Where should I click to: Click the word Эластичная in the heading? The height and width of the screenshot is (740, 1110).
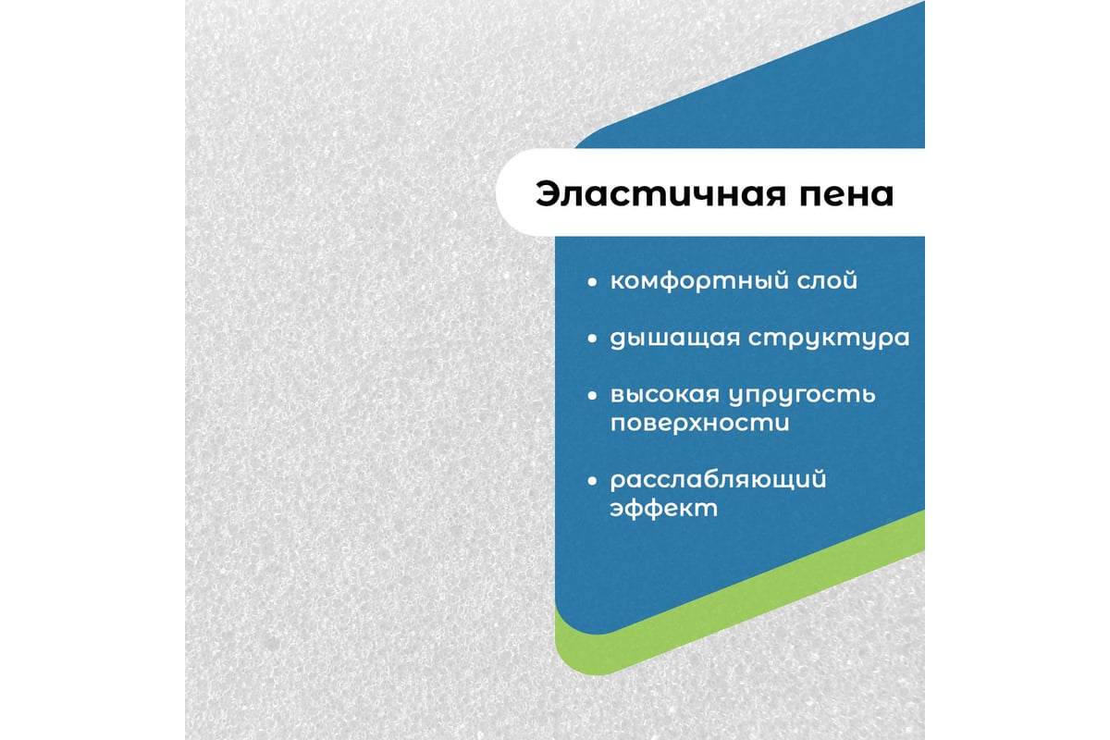pyautogui.click(x=660, y=193)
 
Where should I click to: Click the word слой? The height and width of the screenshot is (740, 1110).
pyautogui.click(x=827, y=281)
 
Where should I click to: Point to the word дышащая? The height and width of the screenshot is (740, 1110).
pyautogui.click(x=673, y=339)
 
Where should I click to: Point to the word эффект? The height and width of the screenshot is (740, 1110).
pyautogui.click(x=663, y=509)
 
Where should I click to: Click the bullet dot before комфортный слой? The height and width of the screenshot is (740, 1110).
pyautogui.click(x=592, y=282)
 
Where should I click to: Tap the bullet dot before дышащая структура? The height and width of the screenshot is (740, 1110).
pyautogui.click(x=592, y=339)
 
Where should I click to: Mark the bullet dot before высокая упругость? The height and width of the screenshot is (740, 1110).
pyautogui.click(x=592, y=396)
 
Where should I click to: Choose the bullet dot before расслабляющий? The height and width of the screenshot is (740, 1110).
pyautogui.click(x=592, y=481)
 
